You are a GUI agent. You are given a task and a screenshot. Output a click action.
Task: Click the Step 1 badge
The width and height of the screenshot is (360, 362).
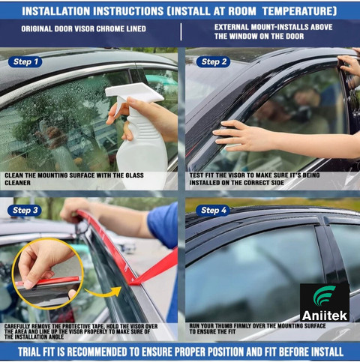[25, 61]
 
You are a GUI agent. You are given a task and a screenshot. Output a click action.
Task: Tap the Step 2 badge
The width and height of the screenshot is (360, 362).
[213, 61]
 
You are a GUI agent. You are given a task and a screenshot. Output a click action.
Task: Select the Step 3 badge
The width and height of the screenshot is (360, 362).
[25, 211]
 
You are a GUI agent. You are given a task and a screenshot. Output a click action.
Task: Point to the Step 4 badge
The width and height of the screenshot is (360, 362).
[213, 211]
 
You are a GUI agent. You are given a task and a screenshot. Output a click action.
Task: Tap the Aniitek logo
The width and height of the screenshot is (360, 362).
[325, 302]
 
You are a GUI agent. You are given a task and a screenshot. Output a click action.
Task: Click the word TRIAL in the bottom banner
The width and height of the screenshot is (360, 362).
[29, 352]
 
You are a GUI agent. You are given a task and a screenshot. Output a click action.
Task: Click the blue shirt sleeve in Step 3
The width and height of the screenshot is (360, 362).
[163, 226]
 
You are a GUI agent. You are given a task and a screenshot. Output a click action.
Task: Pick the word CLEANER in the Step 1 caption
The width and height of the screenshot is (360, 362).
[17, 183]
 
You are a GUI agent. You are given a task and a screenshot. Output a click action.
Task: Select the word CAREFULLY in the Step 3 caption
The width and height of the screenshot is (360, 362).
[17, 326]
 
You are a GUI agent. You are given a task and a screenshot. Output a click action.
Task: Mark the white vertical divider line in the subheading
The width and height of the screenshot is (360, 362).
[181, 31]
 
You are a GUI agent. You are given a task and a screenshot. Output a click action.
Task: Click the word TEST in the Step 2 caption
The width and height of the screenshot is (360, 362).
[196, 175]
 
